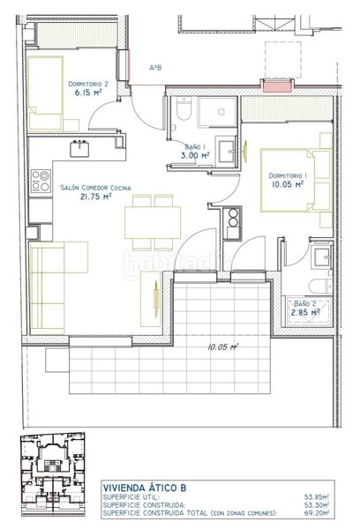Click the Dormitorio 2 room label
click(x=88, y=84)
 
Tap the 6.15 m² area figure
click(x=88, y=93)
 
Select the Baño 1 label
click(x=195, y=146)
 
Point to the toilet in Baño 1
click(x=184, y=108)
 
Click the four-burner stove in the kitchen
click(x=41, y=181)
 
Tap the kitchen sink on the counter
click(x=79, y=149)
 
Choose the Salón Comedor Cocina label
click(x=95, y=188)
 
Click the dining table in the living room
click(x=153, y=223)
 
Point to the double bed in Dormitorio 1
click(x=296, y=181)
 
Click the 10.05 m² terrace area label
click(x=223, y=346)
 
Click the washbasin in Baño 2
click(x=322, y=257)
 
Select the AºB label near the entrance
click(x=155, y=68)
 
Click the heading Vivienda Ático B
click(x=145, y=488)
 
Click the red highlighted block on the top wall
click(x=277, y=86)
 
